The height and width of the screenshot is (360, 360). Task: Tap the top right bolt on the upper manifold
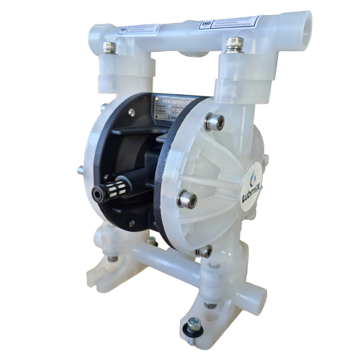pos(233,44)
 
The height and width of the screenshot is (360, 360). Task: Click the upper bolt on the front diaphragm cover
pos(214,122)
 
